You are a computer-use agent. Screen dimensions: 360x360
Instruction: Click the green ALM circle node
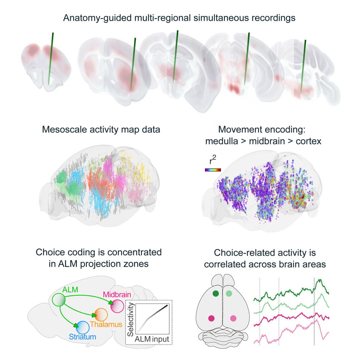(x=59, y=299)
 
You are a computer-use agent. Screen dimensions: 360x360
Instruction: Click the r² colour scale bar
(x=213, y=169)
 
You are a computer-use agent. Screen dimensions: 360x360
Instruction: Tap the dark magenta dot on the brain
(x=212, y=318)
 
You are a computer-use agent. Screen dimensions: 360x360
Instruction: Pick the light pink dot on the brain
(x=233, y=318)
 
